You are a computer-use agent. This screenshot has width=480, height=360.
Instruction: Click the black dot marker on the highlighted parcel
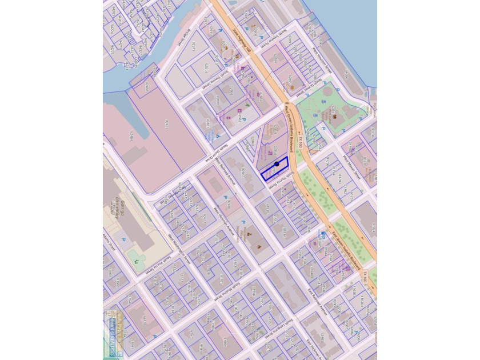coord(277,164)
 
